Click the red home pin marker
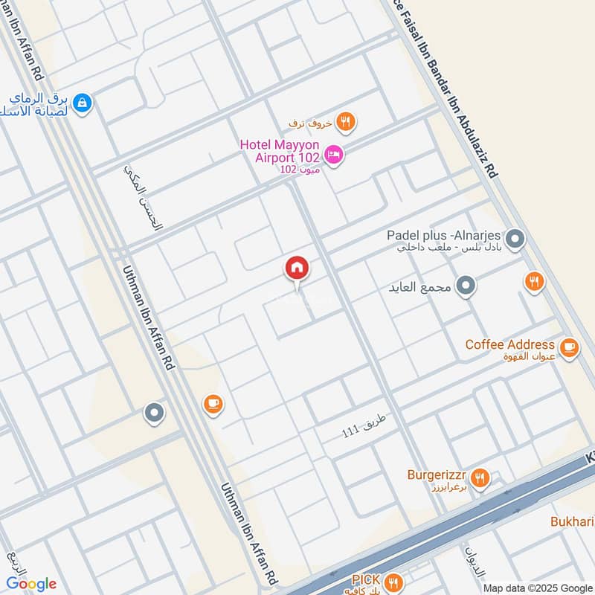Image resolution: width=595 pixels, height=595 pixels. pyautogui.click(x=297, y=268)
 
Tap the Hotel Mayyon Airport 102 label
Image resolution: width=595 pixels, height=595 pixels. pyautogui.click(x=279, y=150)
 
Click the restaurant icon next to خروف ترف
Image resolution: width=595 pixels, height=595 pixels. pyautogui.click(x=345, y=121)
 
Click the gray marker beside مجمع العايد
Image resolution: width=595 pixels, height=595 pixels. pyautogui.click(x=466, y=286)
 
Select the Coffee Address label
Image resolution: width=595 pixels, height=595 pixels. pyautogui.click(x=509, y=345)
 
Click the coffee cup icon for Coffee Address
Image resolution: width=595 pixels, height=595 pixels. pyautogui.click(x=569, y=347)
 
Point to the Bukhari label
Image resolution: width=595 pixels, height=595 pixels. pyautogui.click(x=571, y=521)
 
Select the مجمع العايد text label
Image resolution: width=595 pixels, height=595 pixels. pyautogui.click(x=420, y=286)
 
